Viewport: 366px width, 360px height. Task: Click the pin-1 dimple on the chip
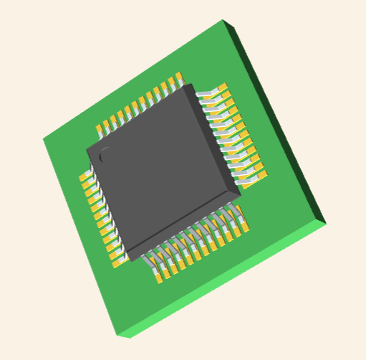(105, 153)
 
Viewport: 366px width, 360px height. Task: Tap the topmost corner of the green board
(223, 21)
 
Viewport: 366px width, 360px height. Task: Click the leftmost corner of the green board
(43, 139)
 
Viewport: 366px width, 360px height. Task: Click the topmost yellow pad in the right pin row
(223, 89)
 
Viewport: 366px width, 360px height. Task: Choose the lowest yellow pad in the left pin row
(120, 260)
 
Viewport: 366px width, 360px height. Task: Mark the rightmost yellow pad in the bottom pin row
(244, 227)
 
